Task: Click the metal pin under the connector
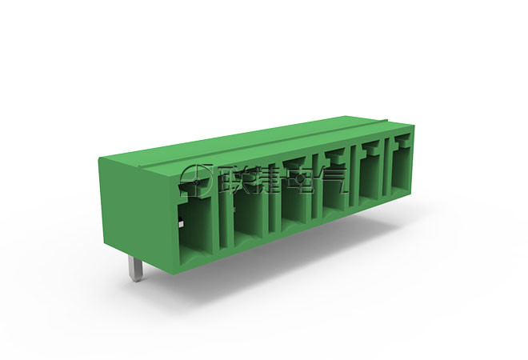(136, 269)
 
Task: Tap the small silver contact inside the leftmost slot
(181, 224)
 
